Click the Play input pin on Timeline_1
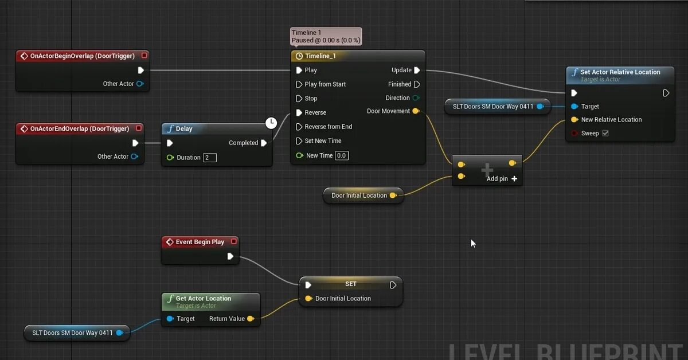299,70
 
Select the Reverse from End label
328,127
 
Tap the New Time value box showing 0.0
342,155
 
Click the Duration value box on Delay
210,158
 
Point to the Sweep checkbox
605,134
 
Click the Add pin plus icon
514,179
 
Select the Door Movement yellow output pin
416,111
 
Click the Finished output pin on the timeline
417,84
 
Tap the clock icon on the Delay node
271,123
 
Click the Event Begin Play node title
200,242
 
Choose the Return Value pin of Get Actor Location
251,319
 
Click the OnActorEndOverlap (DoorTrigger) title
79,128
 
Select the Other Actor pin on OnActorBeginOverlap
140,84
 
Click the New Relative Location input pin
574,120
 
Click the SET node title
350,284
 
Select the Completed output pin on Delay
264,143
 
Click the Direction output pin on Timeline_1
416,98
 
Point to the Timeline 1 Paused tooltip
326,37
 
